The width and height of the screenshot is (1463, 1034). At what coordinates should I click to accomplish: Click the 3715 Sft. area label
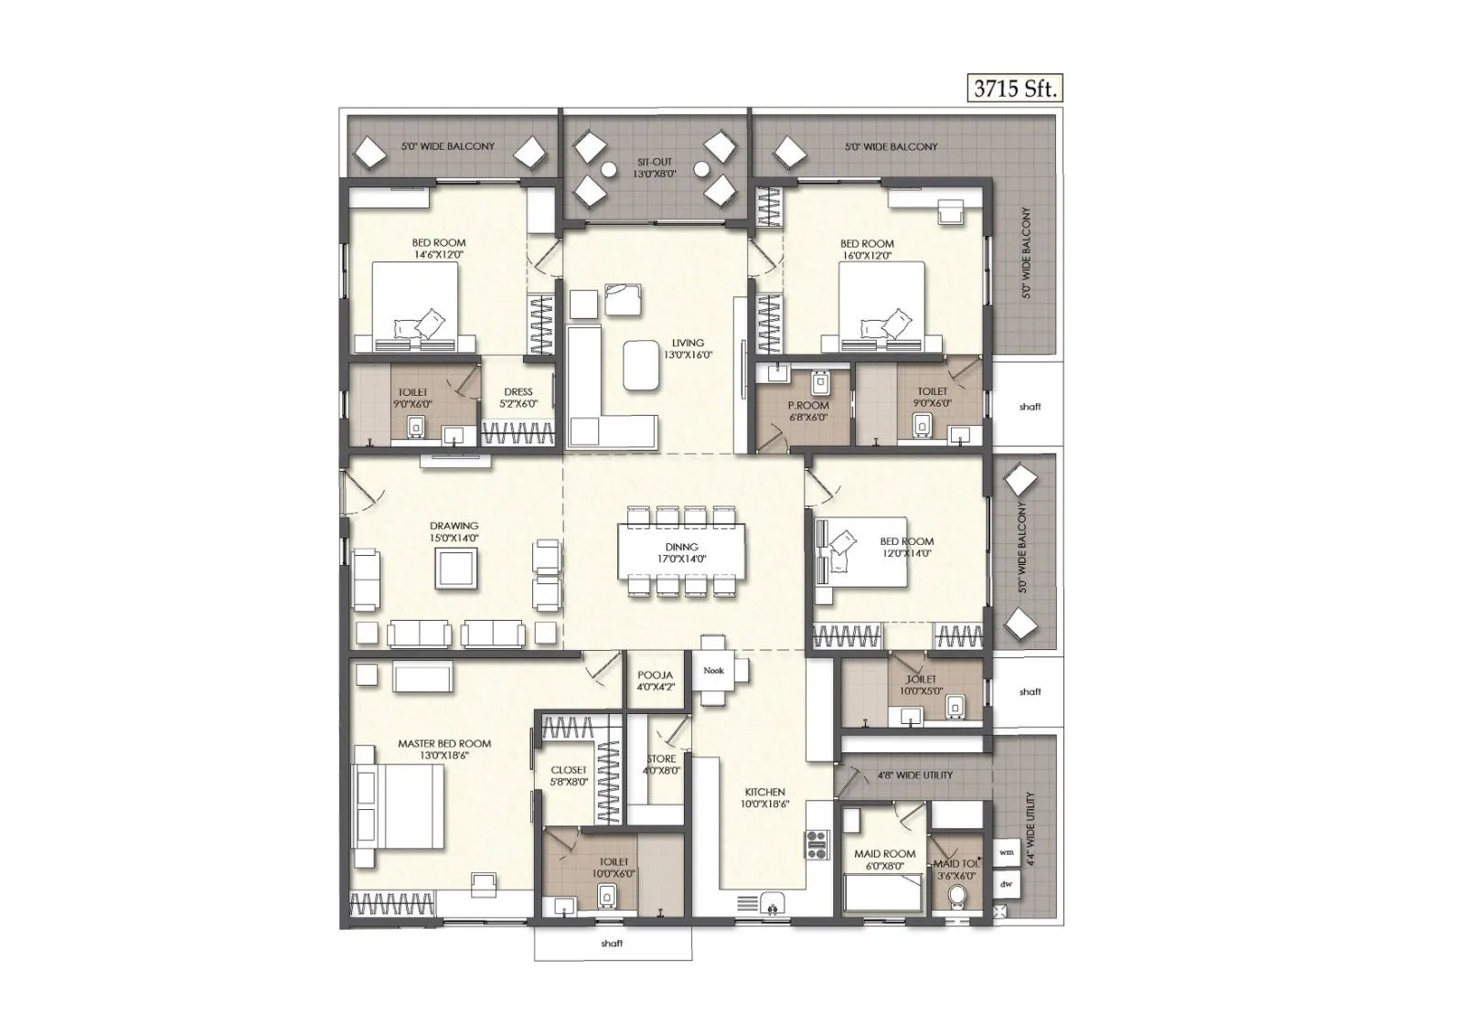coord(1015,89)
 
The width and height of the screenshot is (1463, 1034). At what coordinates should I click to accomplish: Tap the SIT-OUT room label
coord(655,167)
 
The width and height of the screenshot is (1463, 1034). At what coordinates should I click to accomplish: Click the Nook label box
coord(713,670)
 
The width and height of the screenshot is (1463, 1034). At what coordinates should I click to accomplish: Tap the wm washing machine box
coord(1007,852)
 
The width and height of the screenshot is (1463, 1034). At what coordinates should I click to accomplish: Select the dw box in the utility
coord(1007,884)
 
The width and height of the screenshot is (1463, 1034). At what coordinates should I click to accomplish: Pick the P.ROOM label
coord(808,410)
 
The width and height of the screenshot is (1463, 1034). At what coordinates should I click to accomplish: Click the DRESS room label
coord(518,398)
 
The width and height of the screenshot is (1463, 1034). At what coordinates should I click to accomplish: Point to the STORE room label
coord(661,764)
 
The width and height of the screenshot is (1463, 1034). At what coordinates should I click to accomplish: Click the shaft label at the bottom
coord(612,943)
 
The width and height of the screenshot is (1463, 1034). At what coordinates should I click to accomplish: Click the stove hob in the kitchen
coord(816,844)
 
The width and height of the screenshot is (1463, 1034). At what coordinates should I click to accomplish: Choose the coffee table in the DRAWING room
coord(455,570)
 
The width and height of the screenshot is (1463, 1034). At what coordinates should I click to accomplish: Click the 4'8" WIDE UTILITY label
coord(914,775)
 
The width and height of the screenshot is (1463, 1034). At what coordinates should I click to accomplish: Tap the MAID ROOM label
coord(884,859)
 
